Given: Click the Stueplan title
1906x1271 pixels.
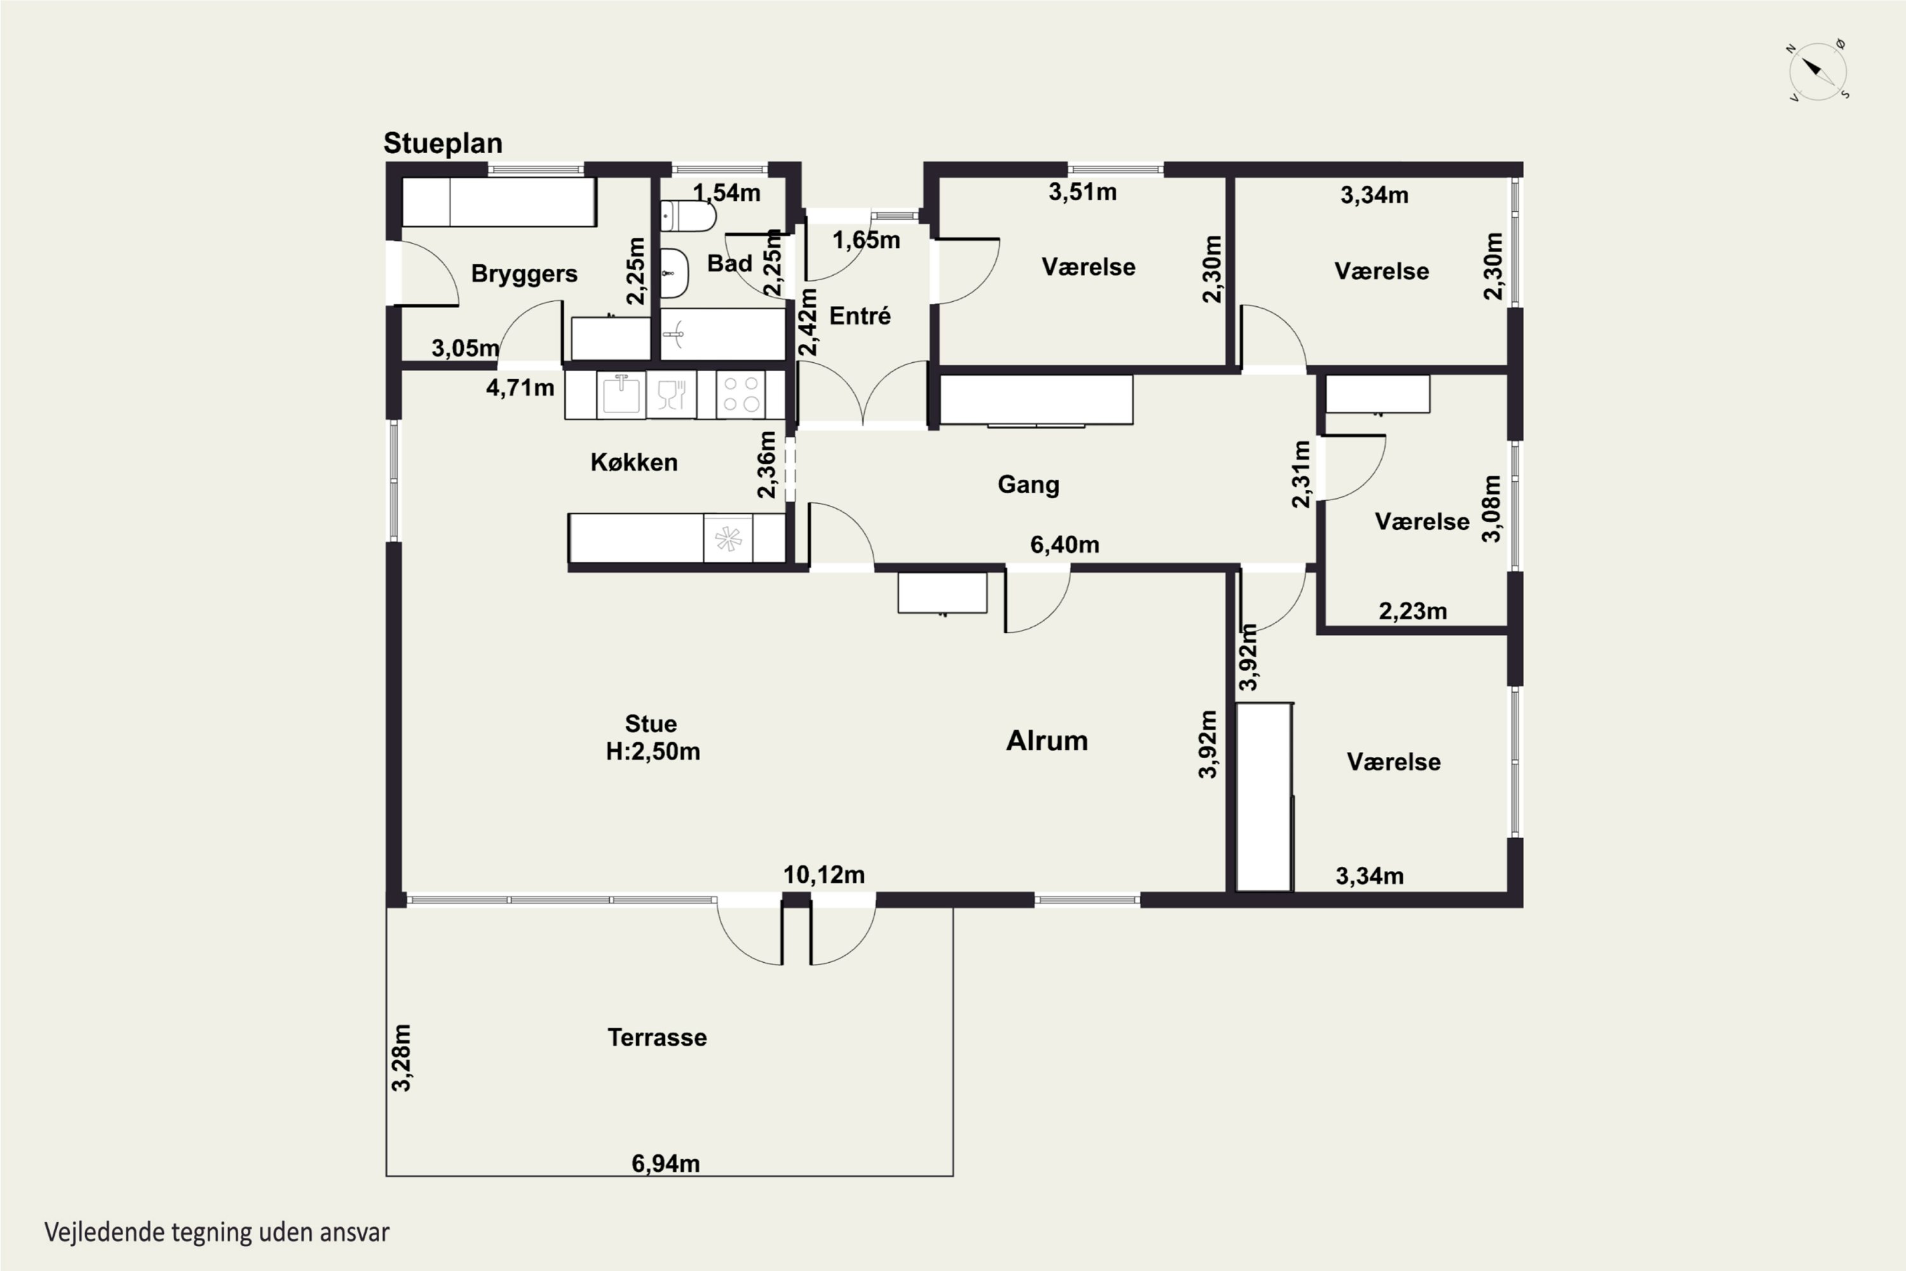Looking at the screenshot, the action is pos(442,144).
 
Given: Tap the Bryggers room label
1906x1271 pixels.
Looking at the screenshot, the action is pos(524,274).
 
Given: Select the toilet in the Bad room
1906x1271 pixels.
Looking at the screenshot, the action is pos(688,217).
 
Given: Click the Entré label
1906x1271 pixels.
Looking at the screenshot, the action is pos(860,315).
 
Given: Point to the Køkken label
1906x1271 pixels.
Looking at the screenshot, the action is pos(633,462).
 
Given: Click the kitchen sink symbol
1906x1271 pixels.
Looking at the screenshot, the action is pos(621,394).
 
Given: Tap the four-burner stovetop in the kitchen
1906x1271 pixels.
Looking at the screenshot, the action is pos(741,395).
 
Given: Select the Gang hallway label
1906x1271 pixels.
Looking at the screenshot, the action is pos(1029,485).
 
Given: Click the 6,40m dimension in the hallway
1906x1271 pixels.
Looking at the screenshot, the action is pos(1065,545).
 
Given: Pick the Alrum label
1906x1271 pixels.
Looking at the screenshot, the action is pos(1047,741).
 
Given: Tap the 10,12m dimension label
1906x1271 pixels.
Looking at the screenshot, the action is pos(824,876).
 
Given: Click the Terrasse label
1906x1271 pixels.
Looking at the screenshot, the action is pos(657,1038).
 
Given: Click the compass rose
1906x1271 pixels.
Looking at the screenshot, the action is pos(1818,71).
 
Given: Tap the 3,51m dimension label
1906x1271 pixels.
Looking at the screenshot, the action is pos(1083,192).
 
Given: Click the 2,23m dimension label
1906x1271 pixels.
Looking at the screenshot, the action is pos(1413,611).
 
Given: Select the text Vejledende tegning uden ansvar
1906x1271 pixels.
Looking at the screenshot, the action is pos(217,1233).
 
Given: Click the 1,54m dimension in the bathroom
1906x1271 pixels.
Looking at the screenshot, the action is pos(727,193).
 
